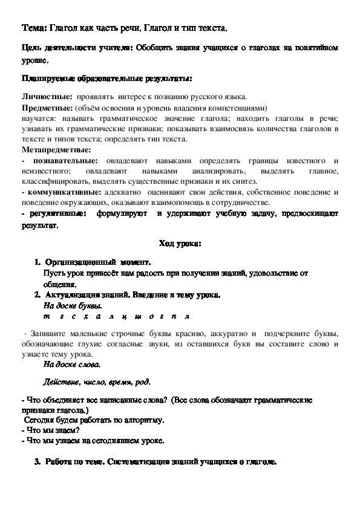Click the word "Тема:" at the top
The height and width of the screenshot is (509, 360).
(x=33, y=28)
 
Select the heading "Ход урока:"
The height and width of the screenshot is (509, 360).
(x=180, y=244)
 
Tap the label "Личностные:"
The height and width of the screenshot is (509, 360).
(x=45, y=97)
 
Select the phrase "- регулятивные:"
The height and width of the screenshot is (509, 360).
(x=53, y=213)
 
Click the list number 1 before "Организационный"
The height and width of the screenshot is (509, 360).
(x=37, y=263)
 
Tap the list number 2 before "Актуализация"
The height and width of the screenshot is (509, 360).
(x=37, y=295)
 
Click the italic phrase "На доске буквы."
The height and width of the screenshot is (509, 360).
(x=70, y=306)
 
